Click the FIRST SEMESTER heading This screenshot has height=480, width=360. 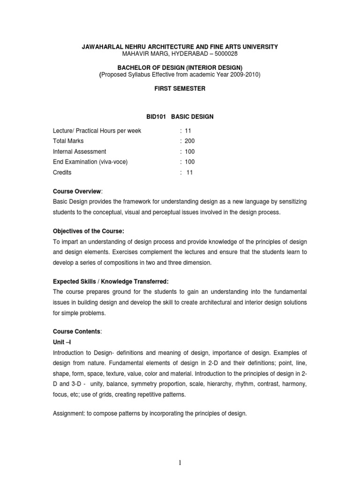pos(180,89)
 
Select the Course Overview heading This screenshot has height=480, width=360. pos(75,191)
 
